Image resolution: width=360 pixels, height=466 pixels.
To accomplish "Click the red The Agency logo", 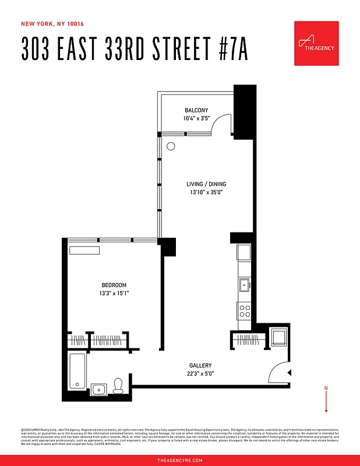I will pos(316,44).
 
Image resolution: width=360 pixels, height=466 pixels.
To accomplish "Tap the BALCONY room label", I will pos(196,110).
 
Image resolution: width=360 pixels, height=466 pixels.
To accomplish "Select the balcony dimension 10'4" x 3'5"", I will pos(196,118).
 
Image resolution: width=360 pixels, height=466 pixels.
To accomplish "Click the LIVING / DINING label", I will pos(202,184).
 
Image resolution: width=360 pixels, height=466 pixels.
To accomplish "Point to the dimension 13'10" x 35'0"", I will pos(202,192).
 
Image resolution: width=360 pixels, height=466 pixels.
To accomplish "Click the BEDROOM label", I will pos(114,285).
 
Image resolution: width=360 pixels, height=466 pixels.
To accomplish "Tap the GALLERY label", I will pos(200,365).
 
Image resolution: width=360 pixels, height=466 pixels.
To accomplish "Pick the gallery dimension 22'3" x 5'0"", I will pos(200,373).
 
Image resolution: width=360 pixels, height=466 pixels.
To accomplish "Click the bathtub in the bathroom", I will pos(77,370).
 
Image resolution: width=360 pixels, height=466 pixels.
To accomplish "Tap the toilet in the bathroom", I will pos(118,386).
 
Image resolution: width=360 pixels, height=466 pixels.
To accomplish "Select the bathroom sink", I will pos(98,389).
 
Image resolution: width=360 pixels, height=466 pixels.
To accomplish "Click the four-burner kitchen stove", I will pos(244,310).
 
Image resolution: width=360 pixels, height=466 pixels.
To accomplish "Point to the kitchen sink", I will pos(244,285).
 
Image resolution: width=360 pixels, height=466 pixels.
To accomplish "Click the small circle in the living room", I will pos(171,147).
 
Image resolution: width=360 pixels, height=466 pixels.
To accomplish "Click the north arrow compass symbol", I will pos(326,398).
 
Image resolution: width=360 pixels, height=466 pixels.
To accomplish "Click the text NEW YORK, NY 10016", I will pos(52,24).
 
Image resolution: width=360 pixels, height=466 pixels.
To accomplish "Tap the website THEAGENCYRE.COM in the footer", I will pos(180,460).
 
